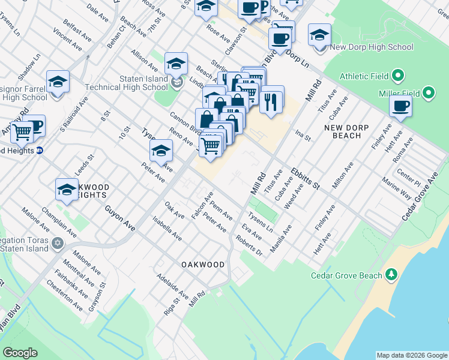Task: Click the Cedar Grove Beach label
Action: (346, 275)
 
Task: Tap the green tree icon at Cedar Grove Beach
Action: (391, 275)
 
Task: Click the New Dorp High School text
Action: (371, 47)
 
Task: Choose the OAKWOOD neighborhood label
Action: (203, 265)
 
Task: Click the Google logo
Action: (20, 353)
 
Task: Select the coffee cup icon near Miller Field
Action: (400, 107)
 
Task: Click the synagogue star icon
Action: (58, 244)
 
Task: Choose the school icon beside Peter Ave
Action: (161, 151)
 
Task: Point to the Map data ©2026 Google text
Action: (411, 355)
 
